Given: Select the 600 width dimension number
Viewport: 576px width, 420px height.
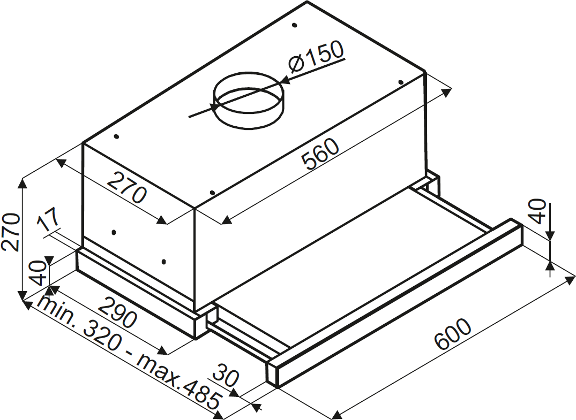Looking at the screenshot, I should tap(453, 334).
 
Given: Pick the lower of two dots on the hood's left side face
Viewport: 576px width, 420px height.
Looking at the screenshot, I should tap(163, 262).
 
